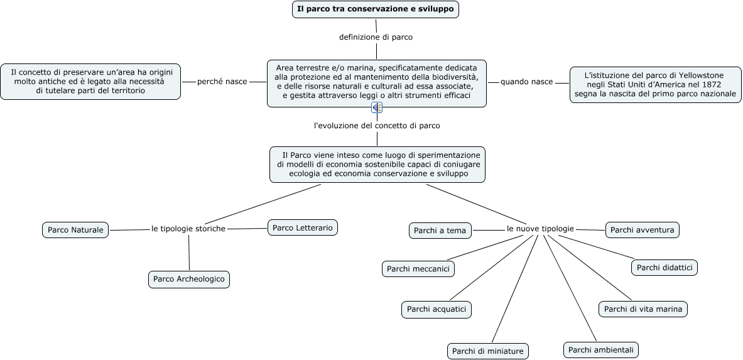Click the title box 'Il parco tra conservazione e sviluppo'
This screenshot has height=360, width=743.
point(376,9)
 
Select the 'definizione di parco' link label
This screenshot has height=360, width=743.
point(376,37)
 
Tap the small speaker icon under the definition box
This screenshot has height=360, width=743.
point(377,107)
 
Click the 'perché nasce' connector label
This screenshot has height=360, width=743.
point(222,82)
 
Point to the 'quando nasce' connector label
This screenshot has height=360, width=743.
point(526,82)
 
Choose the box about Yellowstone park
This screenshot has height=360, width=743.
point(656,84)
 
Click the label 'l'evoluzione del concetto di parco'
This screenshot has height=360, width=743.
point(377,126)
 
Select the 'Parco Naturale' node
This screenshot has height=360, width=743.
point(75,230)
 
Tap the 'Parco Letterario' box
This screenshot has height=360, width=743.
point(303,227)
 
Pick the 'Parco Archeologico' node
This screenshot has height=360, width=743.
point(189,279)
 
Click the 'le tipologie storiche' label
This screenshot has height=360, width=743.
point(188,229)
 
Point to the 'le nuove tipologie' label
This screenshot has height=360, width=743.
point(540,229)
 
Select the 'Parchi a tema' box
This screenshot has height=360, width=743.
point(440,231)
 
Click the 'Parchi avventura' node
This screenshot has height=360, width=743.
point(642,230)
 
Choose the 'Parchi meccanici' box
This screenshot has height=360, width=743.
point(418,269)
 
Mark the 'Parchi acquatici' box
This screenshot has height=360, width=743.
point(436,309)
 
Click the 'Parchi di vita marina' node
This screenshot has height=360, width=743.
point(644,309)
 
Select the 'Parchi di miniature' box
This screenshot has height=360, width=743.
point(487,351)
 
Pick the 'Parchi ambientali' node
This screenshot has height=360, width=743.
point(602,349)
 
